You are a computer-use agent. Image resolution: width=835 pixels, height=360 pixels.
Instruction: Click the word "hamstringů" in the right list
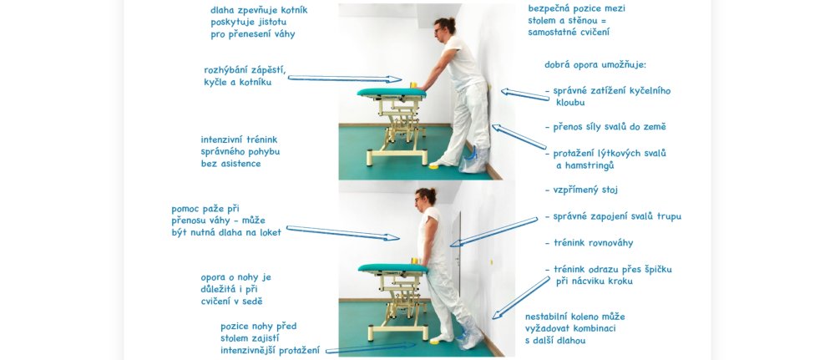(x=590, y=165)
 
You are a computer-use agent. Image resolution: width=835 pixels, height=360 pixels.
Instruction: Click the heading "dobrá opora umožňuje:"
(x=595, y=65)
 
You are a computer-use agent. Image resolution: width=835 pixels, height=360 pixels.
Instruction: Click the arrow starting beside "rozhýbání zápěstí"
(x=345, y=79)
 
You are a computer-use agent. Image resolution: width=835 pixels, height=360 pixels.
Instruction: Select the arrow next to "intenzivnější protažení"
(x=371, y=348)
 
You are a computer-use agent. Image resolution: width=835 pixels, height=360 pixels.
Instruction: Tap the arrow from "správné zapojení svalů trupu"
(x=493, y=231)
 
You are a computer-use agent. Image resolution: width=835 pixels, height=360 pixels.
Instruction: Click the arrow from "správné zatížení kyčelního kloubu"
(x=525, y=94)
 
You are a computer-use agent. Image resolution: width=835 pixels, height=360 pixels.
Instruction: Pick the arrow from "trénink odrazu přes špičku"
(x=521, y=297)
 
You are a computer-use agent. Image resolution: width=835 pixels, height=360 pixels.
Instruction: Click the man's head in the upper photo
(x=443, y=27)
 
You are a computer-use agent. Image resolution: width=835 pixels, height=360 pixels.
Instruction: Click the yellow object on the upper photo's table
(x=412, y=84)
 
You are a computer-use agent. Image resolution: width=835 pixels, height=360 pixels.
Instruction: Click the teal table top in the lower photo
(x=393, y=268)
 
